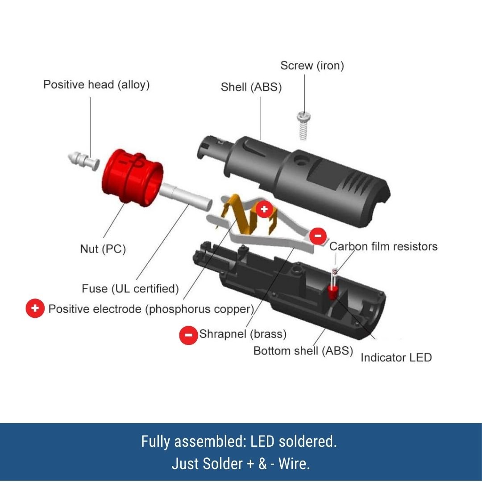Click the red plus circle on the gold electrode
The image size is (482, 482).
(264, 208)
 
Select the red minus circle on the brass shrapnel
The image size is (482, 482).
(318, 235)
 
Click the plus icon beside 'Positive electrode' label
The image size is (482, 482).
(35, 309)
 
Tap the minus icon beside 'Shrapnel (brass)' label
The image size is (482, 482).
(188, 334)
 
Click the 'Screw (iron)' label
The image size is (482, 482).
(312, 66)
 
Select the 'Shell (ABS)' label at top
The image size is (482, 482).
(251, 87)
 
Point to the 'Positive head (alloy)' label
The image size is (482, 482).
(96, 85)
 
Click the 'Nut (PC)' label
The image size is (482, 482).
(103, 249)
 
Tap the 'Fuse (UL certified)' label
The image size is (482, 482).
(130, 289)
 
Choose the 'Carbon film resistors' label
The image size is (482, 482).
(383, 246)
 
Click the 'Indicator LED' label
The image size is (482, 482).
(396, 357)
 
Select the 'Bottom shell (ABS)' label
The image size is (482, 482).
(303, 351)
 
